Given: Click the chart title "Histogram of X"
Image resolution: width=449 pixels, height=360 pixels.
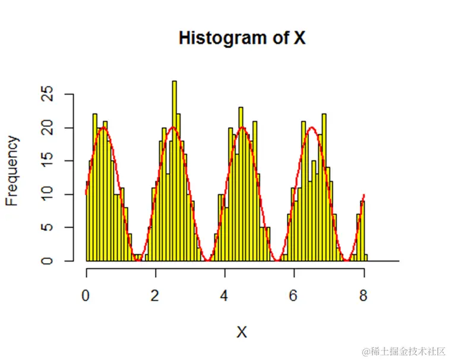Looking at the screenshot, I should coord(242,38).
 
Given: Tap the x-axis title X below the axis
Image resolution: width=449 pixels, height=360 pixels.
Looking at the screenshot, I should coord(242,332).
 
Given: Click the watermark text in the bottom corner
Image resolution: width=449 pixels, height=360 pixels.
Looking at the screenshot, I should coord(404,349).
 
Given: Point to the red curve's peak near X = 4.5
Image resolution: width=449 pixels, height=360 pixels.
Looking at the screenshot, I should coord(242,127).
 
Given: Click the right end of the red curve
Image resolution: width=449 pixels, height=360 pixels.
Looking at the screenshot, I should coord(364,195).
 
